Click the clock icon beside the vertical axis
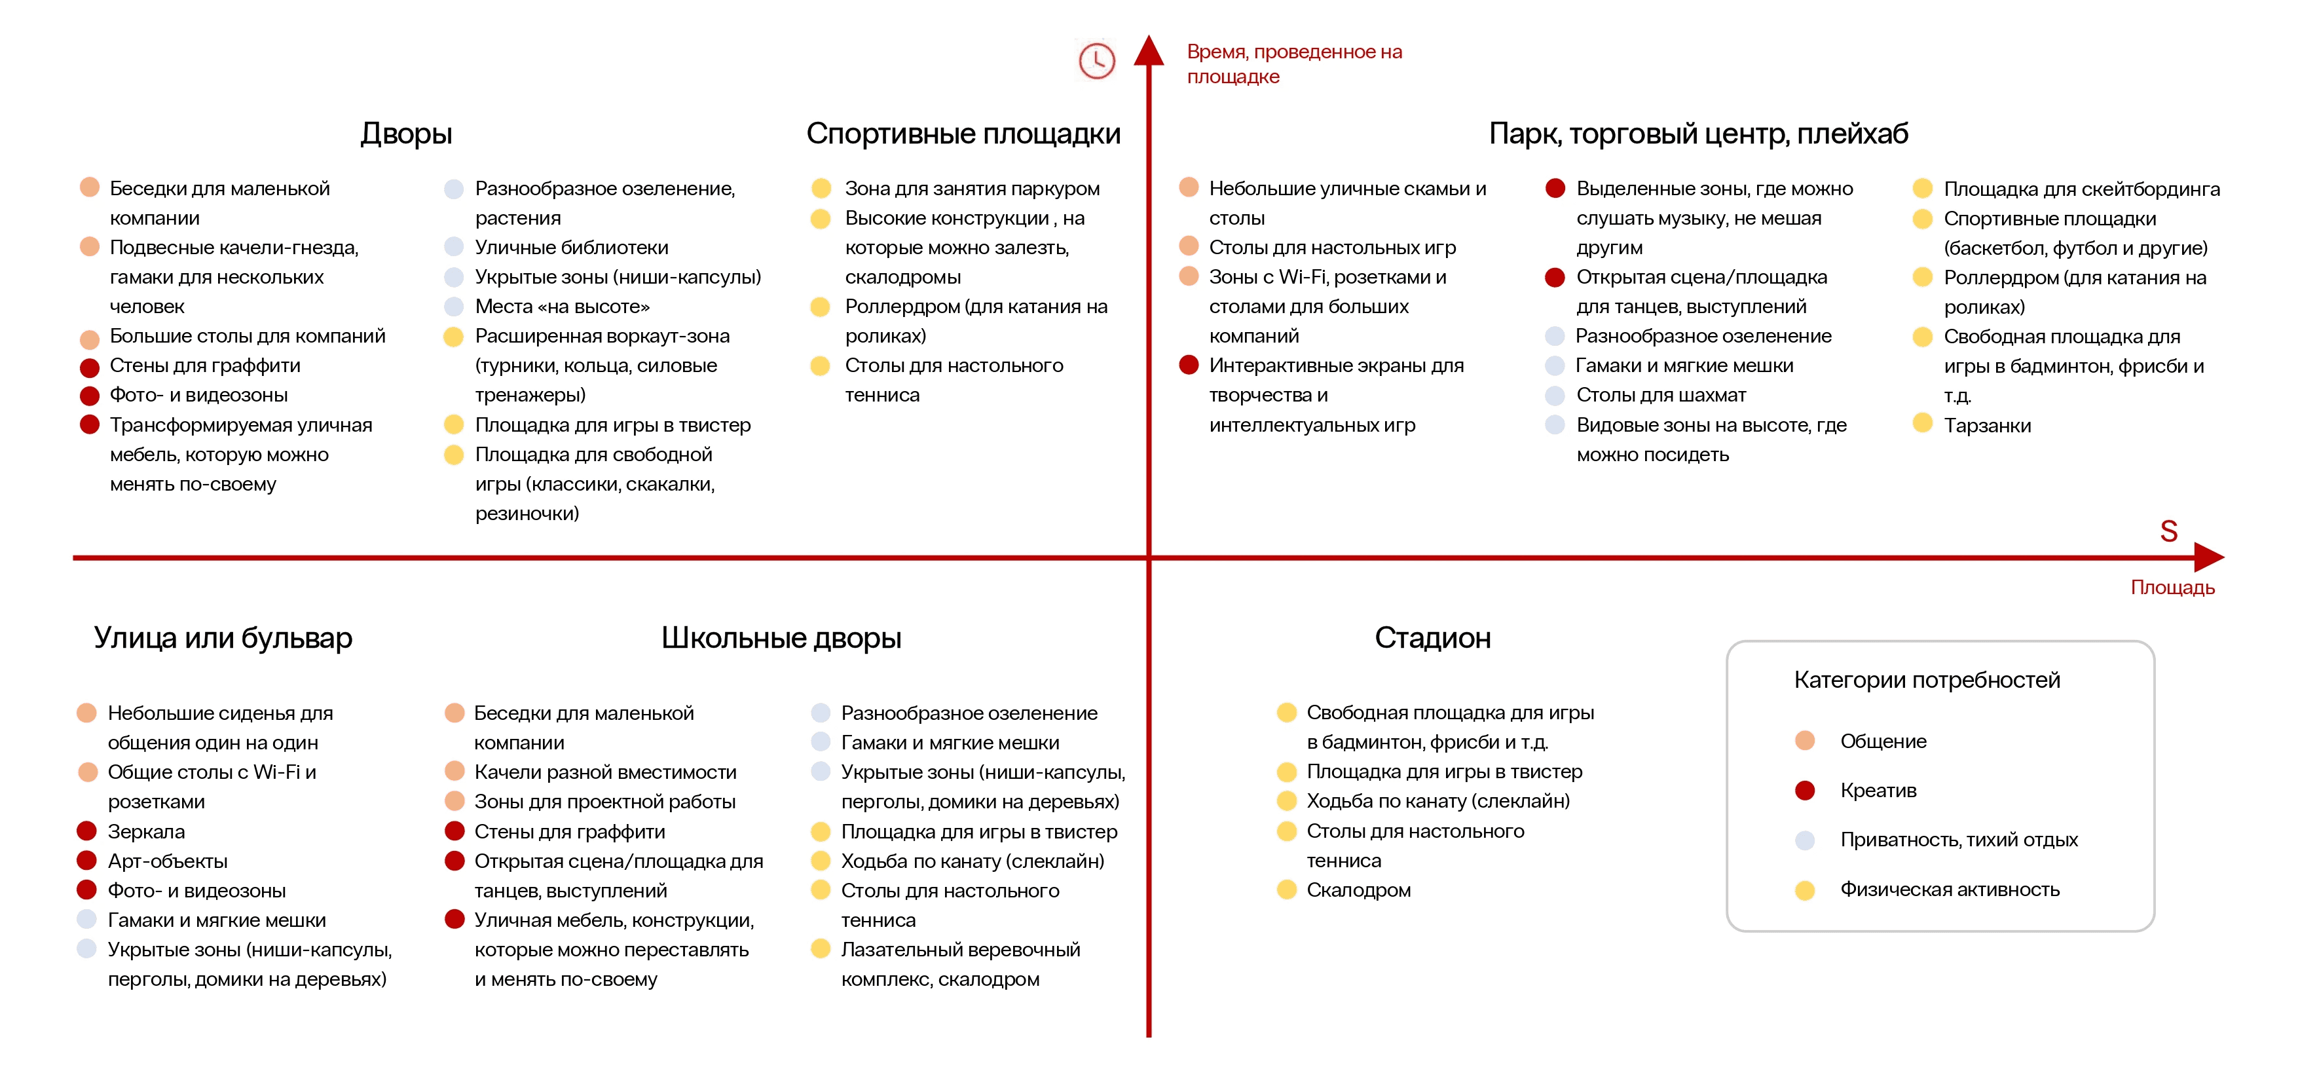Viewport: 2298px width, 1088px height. click(1096, 61)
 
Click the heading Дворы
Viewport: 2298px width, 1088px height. click(406, 134)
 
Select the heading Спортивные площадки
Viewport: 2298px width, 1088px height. click(963, 134)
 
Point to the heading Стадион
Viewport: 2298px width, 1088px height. click(1432, 638)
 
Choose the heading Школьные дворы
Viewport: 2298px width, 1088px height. click(781, 638)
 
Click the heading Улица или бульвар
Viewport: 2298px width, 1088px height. click(223, 638)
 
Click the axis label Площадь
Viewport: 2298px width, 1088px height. click(2172, 588)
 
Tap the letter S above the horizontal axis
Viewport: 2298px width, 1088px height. click(2168, 532)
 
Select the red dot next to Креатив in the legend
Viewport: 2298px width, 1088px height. click(1805, 791)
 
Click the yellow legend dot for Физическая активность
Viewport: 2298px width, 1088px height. click(1805, 890)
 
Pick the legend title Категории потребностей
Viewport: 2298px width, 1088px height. click(1927, 680)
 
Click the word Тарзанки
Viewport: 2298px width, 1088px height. click(1987, 426)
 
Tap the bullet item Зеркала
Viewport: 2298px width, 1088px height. click(146, 832)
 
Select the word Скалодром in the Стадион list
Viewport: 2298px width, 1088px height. click(1358, 890)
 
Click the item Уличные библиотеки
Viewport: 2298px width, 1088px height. click(571, 247)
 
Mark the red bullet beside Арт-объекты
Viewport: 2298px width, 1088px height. click(86, 861)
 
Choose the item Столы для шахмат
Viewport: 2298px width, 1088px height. click(1660, 396)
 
